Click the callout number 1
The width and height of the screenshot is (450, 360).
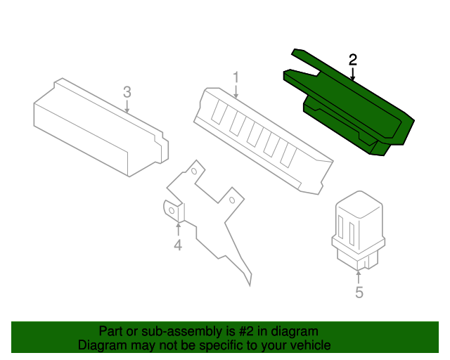(x=236, y=77)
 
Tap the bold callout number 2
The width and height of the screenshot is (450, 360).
(x=353, y=60)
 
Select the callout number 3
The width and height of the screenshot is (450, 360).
(x=127, y=92)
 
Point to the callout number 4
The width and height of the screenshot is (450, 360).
(x=178, y=245)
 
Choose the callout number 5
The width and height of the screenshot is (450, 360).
(x=359, y=292)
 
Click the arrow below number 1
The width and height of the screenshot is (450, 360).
(x=236, y=91)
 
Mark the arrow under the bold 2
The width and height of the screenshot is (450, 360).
(x=353, y=74)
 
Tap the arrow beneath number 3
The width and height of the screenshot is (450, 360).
(x=127, y=106)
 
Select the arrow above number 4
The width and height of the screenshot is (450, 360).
(x=179, y=230)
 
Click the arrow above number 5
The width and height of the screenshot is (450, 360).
(x=359, y=277)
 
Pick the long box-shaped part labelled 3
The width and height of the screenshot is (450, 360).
(x=101, y=127)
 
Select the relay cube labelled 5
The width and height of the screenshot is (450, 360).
(x=359, y=231)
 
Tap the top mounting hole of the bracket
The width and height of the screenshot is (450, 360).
(x=194, y=172)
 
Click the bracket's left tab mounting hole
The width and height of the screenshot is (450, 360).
(x=172, y=211)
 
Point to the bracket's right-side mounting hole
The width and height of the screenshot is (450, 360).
(x=232, y=200)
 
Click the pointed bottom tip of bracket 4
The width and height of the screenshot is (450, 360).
(x=250, y=286)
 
